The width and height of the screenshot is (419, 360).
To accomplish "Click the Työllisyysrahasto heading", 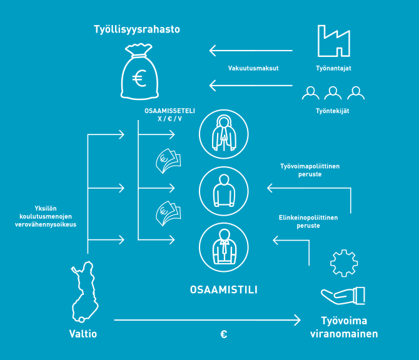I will (x=137, y=29).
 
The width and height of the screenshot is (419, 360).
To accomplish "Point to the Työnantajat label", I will (x=333, y=68).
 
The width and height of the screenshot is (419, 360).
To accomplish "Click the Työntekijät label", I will (x=333, y=111).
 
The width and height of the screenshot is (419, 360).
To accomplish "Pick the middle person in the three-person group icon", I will (x=333, y=93).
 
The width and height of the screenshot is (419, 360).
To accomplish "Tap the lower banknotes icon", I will (x=167, y=213).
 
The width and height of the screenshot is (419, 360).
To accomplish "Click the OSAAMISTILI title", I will (x=223, y=290).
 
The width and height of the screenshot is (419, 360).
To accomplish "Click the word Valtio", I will (x=83, y=334).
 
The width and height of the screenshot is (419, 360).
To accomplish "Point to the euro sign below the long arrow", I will (x=223, y=334).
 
